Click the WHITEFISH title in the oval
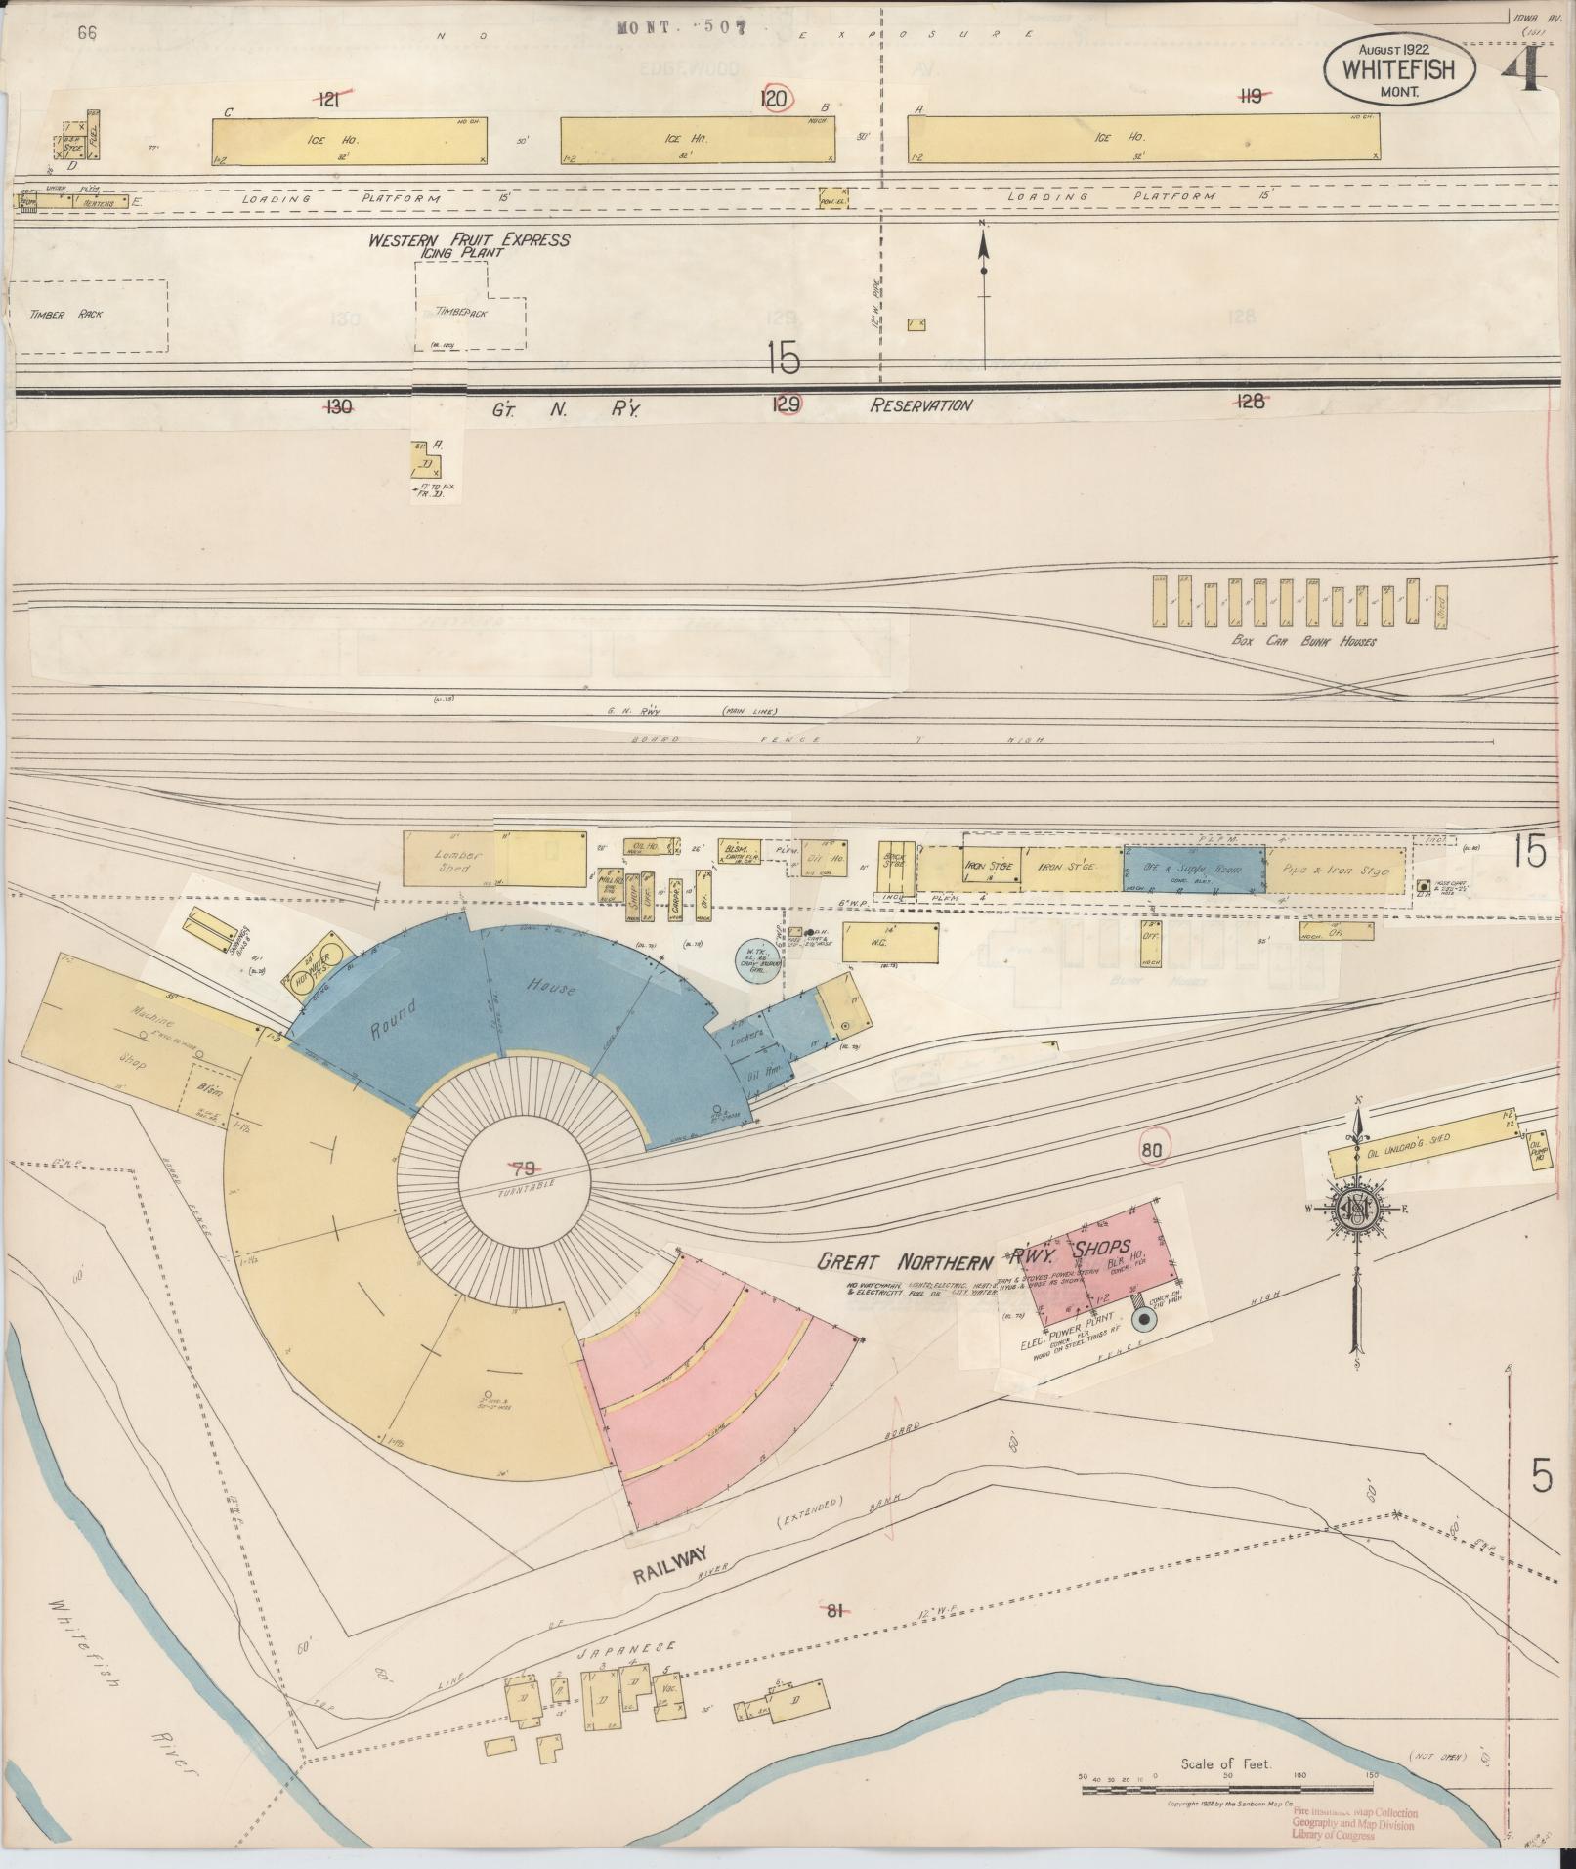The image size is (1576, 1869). tap(1398, 70)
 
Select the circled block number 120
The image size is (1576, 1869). tap(776, 98)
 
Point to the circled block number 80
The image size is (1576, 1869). tap(1152, 1150)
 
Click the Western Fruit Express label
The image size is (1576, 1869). tap(468, 239)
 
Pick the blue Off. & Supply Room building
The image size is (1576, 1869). tap(1194, 869)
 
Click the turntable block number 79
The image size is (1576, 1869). tap(525, 1167)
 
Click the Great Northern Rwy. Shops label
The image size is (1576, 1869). tap(973, 1257)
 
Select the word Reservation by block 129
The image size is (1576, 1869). tap(920, 404)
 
